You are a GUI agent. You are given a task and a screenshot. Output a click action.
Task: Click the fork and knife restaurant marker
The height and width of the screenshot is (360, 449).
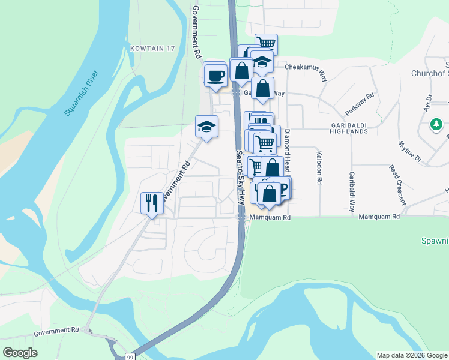click(x=152, y=203)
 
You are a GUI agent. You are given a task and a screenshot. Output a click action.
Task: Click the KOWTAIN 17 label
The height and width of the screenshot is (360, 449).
click(x=151, y=47)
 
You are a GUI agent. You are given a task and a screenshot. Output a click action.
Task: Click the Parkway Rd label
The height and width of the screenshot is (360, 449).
click(x=360, y=104)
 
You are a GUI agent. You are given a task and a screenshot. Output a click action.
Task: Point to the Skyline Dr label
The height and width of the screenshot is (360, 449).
click(x=410, y=152)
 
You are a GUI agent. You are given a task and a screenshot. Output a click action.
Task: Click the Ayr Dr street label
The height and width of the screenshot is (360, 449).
click(x=427, y=103)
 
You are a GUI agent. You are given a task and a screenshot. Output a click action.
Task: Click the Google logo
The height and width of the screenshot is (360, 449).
click(x=20, y=353)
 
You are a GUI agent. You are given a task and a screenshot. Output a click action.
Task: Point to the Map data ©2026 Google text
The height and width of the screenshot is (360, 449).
click(x=411, y=355)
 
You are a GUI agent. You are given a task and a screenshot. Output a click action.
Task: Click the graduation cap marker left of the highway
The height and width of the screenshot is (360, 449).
click(x=206, y=127)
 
